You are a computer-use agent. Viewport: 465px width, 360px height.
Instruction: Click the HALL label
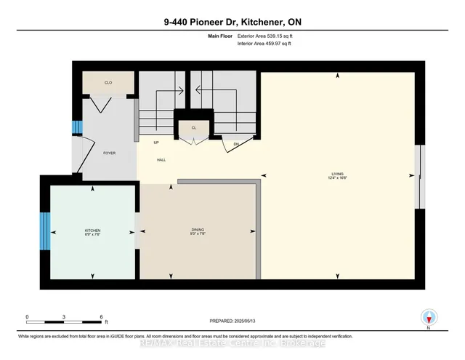[x=161, y=159]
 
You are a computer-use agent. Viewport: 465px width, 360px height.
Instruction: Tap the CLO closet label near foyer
[x=108, y=83]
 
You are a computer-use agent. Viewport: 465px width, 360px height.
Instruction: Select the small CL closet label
[x=193, y=127]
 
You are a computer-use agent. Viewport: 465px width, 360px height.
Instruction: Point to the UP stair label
[x=156, y=143]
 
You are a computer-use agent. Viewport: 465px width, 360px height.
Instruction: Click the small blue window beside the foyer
[x=75, y=129]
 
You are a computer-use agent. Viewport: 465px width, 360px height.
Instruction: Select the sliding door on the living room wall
[x=418, y=176]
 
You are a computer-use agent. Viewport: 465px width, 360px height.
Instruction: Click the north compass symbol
[x=429, y=317]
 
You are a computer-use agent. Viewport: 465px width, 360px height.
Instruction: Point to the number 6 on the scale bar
[x=102, y=317]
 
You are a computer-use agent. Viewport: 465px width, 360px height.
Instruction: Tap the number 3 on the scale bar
[x=65, y=317]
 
